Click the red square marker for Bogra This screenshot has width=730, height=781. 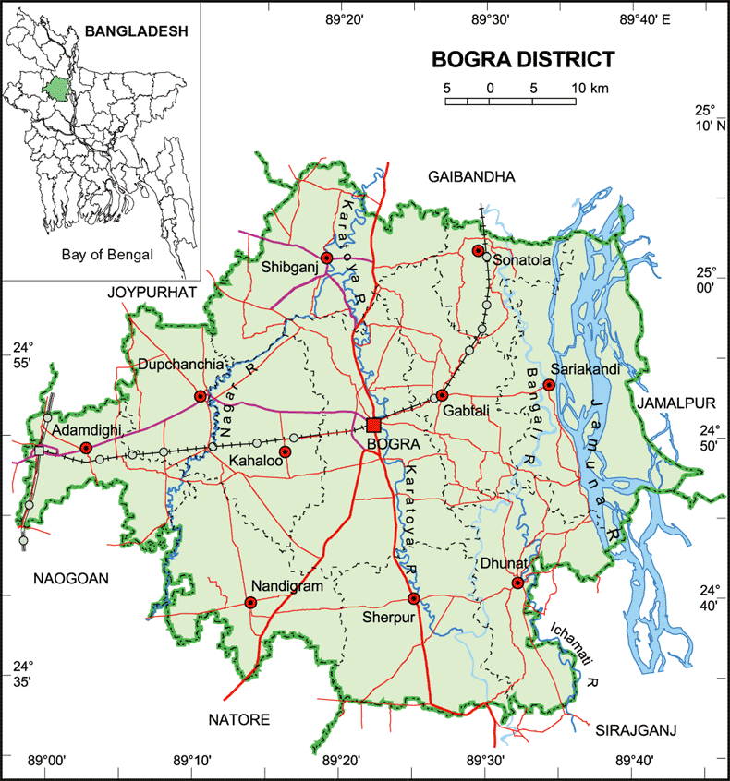(x=373, y=425)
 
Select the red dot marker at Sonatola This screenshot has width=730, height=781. (x=479, y=251)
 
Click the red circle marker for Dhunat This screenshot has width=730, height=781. (x=517, y=583)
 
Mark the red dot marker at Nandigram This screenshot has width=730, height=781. (x=249, y=603)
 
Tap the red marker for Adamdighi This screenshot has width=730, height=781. (x=86, y=448)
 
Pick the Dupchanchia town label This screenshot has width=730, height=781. (x=180, y=365)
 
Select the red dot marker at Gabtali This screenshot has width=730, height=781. (x=443, y=395)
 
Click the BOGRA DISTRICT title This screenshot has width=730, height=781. (x=524, y=61)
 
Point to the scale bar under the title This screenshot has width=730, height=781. (x=510, y=100)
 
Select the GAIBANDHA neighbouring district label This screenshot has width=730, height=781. (x=470, y=176)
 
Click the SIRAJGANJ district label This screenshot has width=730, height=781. (x=637, y=730)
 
